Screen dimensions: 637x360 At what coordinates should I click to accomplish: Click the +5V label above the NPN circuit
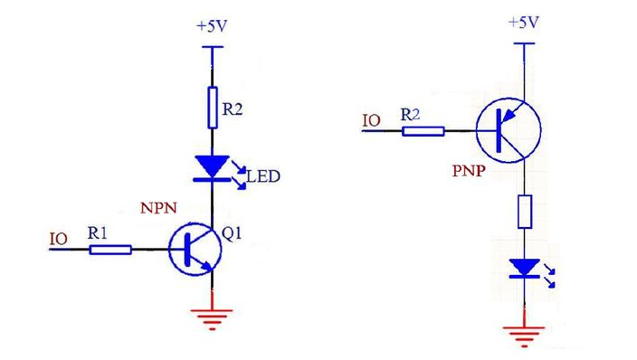click(x=212, y=26)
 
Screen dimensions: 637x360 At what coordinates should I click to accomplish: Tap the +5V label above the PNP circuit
click(x=524, y=22)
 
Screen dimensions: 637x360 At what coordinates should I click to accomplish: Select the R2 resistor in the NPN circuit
click(x=213, y=108)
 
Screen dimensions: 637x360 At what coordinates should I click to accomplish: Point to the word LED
click(x=263, y=176)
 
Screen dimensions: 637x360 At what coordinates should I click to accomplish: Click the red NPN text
click(x=159, y=208)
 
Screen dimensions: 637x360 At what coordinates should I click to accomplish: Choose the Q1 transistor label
click(x=232, y=233)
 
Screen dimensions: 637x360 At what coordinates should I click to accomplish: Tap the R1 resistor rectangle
click(x=110, y=250)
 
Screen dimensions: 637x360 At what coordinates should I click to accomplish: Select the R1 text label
click(x=98, y=233)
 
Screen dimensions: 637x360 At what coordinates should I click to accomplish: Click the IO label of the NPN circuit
click(x=59, y=239)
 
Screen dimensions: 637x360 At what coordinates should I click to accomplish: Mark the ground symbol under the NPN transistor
click(x=212, y=319)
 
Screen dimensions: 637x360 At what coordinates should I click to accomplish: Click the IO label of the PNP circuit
click(x=371, y=120)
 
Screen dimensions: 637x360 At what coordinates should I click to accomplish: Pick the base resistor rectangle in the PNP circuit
click(x=423, y=131)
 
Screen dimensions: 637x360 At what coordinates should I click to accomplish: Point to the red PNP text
click(x=469, y=171)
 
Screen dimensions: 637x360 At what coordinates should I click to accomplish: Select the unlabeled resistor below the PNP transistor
click(x=525, y=212)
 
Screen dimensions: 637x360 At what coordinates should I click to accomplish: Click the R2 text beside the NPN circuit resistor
click(x=233, y=109)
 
